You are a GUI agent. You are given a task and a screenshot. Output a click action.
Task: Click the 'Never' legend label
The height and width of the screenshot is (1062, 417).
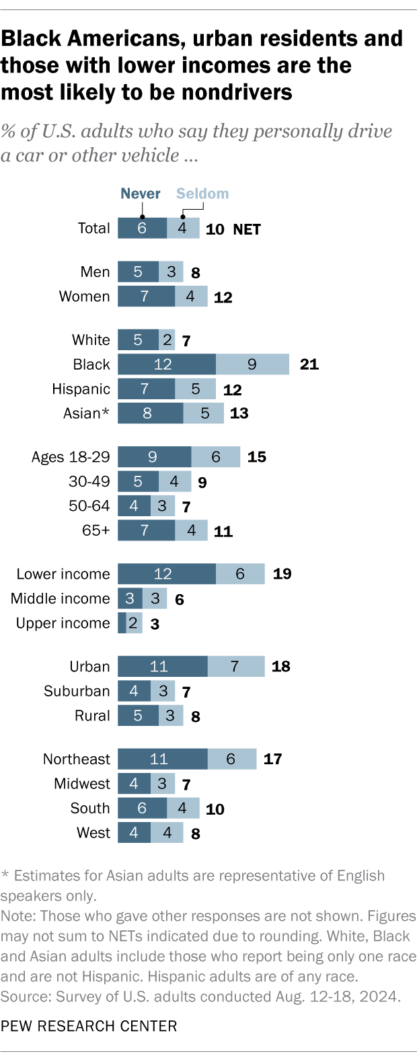(140, 194)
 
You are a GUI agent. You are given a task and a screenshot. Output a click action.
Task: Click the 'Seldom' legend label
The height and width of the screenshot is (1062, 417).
(202, 194)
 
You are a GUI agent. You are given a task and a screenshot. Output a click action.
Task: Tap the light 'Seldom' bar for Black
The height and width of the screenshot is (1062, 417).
(252, 364)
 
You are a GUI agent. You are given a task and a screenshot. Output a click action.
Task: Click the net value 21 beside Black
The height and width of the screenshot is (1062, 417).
(309, 364)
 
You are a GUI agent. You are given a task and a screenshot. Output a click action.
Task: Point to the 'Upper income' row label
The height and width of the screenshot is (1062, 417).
(63, 623)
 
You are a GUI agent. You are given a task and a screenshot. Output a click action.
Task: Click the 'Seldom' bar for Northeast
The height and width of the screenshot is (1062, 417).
(231, 759)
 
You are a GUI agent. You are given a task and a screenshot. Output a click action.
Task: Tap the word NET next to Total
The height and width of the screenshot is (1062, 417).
(247, 229)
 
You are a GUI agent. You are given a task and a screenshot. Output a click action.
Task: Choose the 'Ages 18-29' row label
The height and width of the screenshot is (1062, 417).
(71, 457)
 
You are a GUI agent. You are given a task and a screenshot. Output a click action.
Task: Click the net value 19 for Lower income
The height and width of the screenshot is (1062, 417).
(282, 574)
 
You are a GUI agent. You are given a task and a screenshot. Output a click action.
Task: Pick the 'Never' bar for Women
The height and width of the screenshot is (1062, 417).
(146, 296)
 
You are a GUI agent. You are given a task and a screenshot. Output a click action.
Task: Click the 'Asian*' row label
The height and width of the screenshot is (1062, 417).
(86, 413)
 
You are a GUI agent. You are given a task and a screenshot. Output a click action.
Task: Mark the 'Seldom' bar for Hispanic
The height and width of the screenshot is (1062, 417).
(195, 389)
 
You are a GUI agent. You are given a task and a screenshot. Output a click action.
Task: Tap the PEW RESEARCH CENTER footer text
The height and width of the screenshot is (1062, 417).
(89, 1026)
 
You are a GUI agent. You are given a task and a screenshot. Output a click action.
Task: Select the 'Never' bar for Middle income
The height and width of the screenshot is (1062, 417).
(130, 599)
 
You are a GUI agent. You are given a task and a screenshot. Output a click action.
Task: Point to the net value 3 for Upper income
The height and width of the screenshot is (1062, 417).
(155, 624)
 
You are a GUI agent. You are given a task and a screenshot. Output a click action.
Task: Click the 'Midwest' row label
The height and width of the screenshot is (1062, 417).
(82, 784)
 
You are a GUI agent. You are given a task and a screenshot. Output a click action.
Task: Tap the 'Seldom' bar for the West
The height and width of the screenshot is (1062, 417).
(167, 833)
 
